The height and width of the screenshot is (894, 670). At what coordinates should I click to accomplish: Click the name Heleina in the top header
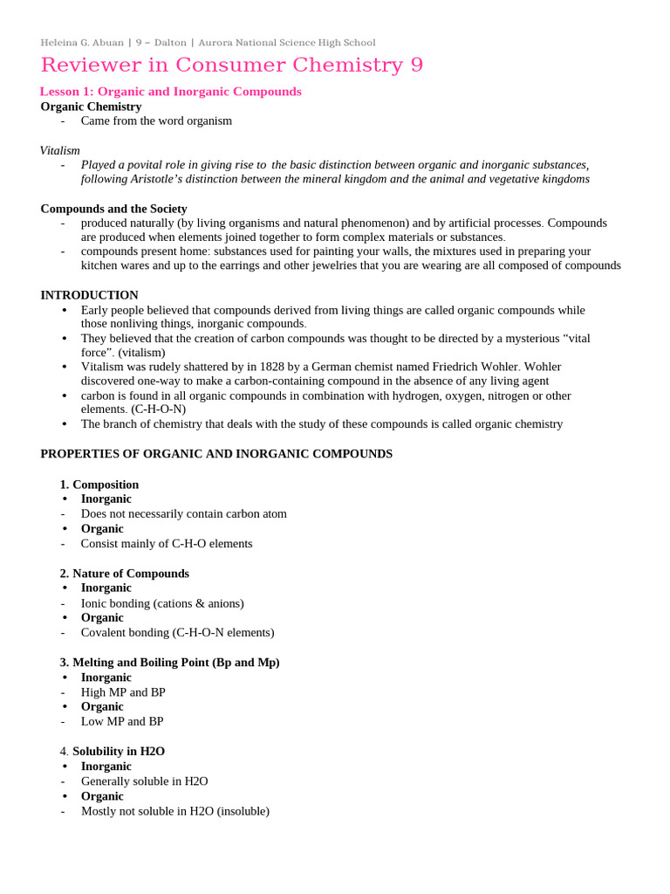58,43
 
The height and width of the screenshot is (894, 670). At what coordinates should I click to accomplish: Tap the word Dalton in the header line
168,43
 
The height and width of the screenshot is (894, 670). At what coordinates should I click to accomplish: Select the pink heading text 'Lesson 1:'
66,92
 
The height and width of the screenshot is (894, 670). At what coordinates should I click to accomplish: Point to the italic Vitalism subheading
59,150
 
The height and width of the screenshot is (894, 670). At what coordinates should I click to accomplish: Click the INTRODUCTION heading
89,295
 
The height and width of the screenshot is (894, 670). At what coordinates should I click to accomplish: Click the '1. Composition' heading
99,485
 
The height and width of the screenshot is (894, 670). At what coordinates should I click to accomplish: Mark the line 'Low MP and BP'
121,721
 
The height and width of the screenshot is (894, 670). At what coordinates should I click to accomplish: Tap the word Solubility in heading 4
100,751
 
